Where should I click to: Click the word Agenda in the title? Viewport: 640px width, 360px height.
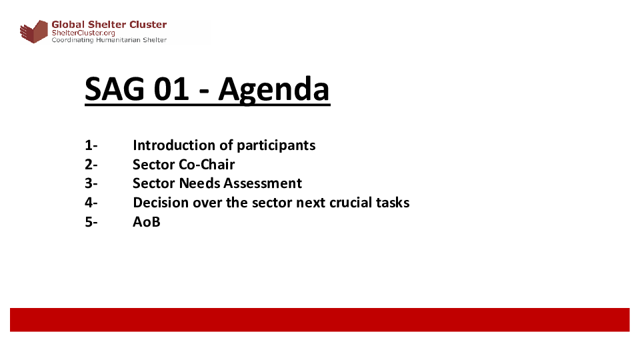tap(274, 91)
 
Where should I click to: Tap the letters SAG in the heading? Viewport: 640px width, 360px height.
tap(115, 89)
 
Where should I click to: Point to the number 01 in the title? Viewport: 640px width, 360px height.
tap(171, 89)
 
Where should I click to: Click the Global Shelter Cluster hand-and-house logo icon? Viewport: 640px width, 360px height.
tap(34, 31)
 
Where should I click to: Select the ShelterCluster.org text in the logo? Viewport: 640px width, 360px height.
tap(83, 33)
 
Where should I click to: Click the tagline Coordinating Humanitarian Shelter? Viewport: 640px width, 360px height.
tap(109, 40)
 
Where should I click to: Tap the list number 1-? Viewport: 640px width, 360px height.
tap(91, 145)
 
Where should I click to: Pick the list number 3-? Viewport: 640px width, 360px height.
tap(91, 183)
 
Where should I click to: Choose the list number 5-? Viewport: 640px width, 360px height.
tap(91, 222)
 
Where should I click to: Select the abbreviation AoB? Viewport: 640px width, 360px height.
tap(147, 222)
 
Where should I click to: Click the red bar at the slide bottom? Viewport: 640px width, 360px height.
tap(319, 319)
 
